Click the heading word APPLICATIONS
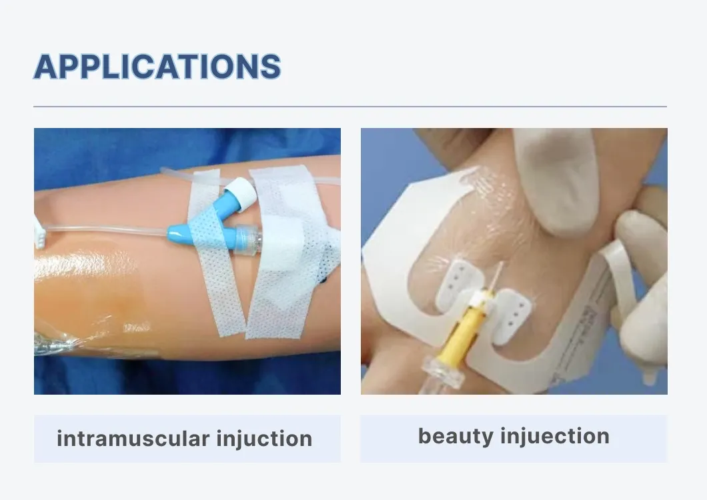(157, 67)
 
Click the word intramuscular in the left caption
(133, 438)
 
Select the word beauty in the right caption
(456, 437)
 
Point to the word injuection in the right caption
(555, 437)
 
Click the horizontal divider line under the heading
(350, 107)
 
